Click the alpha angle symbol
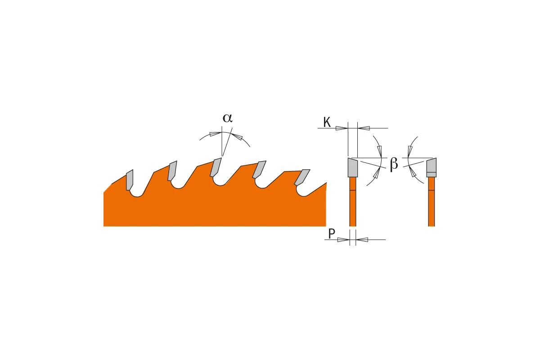coord(228,118)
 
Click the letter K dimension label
coord(327,122)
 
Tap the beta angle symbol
coord(394,164)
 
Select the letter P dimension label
coord(332,234)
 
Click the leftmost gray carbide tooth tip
coord(130,180)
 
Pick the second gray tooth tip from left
coord(172,171)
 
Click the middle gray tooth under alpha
coord(216,167)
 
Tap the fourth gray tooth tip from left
coord(259,170)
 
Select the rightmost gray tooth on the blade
coord(302,177)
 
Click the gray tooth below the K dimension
coord(353,167)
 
